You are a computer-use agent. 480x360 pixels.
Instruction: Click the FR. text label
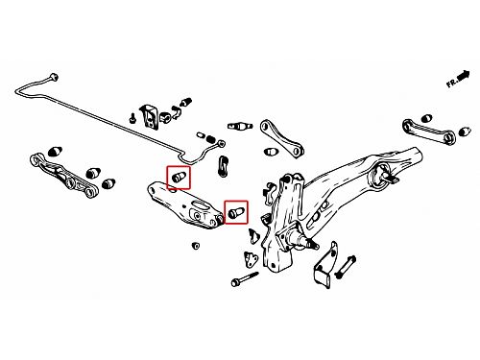click(452, 83)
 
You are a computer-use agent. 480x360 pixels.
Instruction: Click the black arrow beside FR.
click(464, 76)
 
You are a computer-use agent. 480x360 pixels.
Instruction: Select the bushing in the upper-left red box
click(179, 177)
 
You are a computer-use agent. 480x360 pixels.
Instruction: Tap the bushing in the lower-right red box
click(236, 212)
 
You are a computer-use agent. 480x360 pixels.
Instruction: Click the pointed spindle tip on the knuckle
click(315, 245)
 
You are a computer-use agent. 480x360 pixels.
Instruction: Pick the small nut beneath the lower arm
click(196, 246)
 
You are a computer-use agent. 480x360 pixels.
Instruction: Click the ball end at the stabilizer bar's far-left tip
click(53, 77)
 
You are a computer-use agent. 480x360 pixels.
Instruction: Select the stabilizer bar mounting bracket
click(150, 117)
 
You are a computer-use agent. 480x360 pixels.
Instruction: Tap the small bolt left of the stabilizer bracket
click(132, 118)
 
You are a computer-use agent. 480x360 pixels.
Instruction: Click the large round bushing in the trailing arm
click(380, 177)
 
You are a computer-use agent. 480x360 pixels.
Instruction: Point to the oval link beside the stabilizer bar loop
click(223, 165)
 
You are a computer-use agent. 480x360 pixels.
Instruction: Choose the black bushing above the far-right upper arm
click(426, 118)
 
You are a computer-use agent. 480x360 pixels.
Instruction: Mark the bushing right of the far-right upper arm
click(465, 132)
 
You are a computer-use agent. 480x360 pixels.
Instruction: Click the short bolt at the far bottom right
click(345, 267)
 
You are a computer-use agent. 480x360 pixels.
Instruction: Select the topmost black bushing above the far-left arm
click(55, 151)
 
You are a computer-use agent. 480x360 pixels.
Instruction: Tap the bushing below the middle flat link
click(271, 152)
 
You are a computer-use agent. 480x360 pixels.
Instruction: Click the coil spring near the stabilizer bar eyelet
click(210, 139)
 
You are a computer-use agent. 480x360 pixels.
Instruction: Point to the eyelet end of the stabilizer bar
click(221, 143)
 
